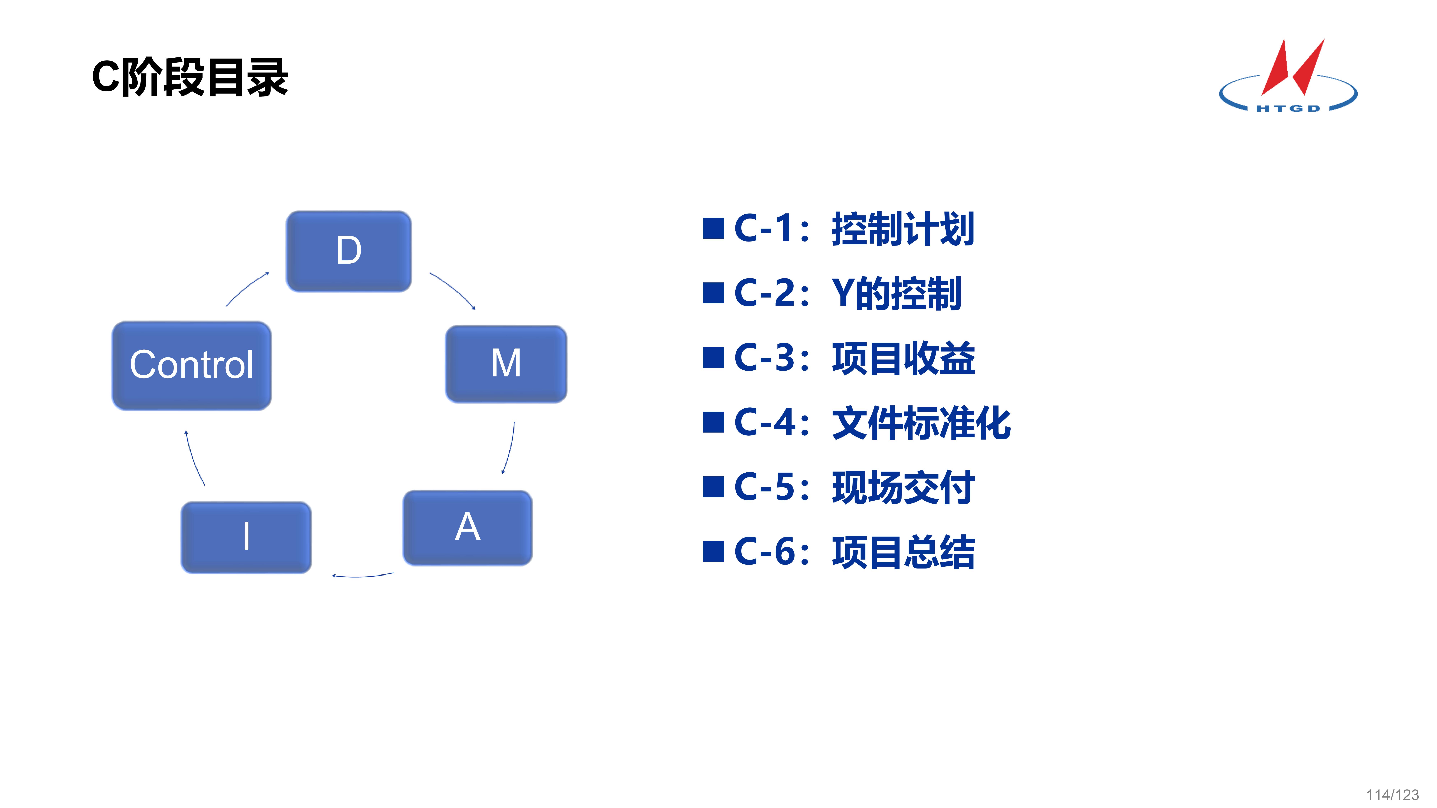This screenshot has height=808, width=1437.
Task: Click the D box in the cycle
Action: pyautogui.click(x=349, y=251)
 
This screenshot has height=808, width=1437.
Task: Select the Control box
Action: pyautogui.click(x=191, y=365)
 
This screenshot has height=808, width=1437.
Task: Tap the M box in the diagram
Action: pyautogui.click(x=506, y=364)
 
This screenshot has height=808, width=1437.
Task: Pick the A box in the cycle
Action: pyautogui.click(x=467, y=528)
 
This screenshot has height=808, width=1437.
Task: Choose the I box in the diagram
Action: pyautogui.click(x=246, y=537)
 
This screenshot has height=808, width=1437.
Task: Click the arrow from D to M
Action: pyautogui.click(x=453, y=290)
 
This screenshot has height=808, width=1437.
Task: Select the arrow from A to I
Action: pyautogui.click(x=363, y=575)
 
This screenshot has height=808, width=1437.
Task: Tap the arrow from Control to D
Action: pyautogui.click(x=247, y=288)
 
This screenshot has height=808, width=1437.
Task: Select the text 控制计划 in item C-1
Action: pyautogui.click(x=903, y=229)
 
